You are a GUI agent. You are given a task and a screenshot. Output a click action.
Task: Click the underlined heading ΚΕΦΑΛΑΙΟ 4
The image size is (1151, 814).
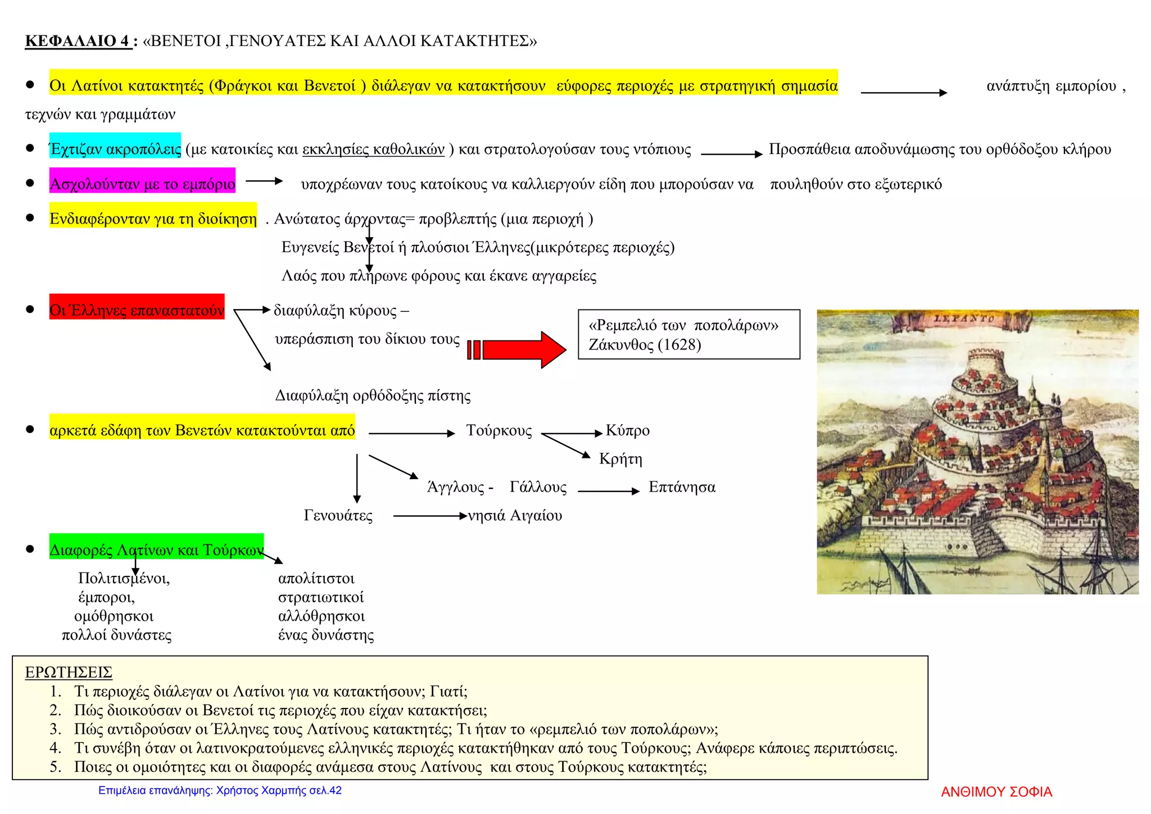click(x=78, y=41)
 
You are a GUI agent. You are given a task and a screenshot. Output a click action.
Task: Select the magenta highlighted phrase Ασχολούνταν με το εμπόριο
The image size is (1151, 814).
click(x=142, y=183)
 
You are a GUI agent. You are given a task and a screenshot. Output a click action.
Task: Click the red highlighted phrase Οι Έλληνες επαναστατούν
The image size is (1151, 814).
click(x=137, y=310)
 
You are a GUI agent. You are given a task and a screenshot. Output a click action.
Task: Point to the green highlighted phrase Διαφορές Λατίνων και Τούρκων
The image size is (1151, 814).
click(x=156, y=549)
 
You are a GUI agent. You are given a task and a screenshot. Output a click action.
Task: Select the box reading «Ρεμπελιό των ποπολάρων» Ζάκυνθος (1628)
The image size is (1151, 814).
click(x=688, y=334)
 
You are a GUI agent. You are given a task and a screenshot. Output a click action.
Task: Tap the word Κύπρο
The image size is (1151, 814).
click(x=627, y=430)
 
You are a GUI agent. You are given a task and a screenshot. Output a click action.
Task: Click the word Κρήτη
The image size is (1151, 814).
click(x=620, y=459)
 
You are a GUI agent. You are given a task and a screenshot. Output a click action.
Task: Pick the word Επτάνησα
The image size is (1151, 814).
click(x=682, y=486)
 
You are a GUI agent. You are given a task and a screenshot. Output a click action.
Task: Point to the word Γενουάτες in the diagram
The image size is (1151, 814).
click(x=338, y=515)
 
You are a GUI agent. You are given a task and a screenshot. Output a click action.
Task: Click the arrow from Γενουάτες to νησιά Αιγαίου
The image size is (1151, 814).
click(x=430, y=516)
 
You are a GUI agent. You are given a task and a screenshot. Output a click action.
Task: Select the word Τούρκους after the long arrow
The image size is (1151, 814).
click(x=499, y=430)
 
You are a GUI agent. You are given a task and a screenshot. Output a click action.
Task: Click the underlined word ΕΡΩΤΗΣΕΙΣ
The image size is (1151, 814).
click(x=69, y=672)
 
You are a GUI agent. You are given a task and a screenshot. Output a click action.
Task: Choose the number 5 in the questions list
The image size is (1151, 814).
click(x=55, y=767)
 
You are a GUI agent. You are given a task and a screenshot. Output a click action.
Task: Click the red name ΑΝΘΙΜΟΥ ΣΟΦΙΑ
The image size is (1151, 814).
click(x=996, y=792)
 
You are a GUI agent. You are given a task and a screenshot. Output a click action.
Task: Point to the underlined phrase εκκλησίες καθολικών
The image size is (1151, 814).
click(x=373, y=149)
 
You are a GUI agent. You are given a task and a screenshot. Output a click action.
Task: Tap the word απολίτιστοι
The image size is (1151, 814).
click(x=316, y=578)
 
